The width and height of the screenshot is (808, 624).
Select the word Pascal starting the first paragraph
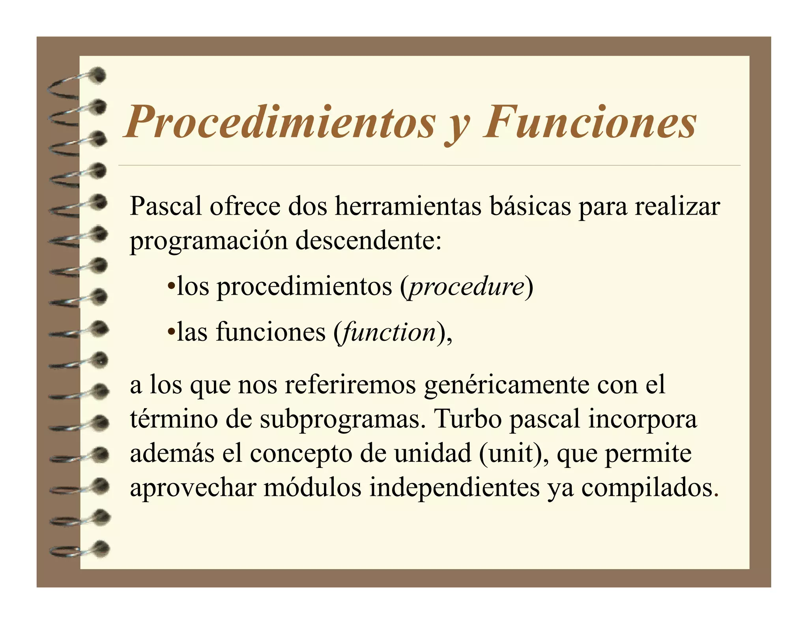166,206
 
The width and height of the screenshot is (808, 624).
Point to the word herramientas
408,206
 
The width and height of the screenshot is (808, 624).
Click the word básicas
530,206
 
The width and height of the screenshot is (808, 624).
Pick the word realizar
677,206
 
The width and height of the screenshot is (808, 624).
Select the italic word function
389,333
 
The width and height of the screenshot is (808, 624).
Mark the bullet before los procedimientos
171,286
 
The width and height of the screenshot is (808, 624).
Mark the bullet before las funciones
171,332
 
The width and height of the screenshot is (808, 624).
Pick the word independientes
454,488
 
